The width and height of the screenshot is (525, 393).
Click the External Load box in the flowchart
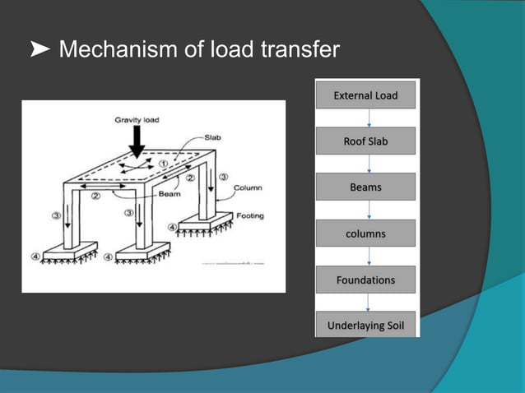click(x=365, y=95)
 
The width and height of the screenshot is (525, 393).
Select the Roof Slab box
click(x=365, y=141)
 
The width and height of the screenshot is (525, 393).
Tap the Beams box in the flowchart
click(x=365, y=187)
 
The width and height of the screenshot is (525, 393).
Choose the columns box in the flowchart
click(x=365, y=233)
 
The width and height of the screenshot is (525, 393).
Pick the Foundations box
click(x=365, y=280)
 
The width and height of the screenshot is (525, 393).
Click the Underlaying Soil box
click(x=365, y=326)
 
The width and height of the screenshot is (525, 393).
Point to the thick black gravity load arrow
click(x=137, y=141)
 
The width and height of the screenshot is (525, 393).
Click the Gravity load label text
click(x=137, y=120)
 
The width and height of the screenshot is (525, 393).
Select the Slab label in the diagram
click(x=211, y=137)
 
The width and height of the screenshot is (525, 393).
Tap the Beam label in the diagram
click(x=170, y=194)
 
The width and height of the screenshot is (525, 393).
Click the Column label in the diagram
click(x=248, y=187)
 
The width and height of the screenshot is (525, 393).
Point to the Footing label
click(x=250, y=216)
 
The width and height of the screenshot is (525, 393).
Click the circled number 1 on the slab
click(x=164, y=164)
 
